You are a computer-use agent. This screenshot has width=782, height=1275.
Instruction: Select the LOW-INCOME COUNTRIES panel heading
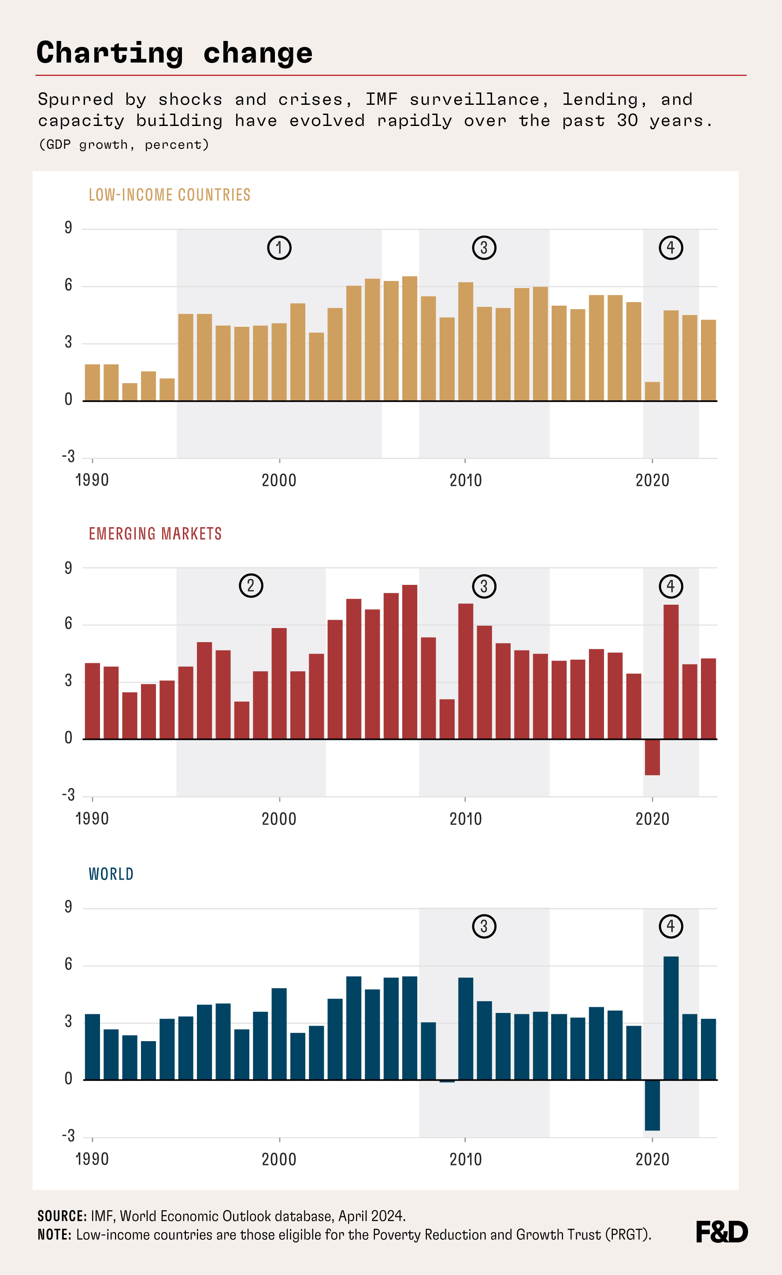pos(169,195)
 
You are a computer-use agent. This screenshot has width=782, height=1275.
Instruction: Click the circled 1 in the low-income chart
pos(279,248)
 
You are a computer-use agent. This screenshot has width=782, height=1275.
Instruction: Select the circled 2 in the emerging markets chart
pos(251,586)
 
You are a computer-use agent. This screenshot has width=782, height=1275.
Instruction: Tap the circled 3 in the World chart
pos(484,926)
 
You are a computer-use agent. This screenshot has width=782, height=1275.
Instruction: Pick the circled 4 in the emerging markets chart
pos(671,586)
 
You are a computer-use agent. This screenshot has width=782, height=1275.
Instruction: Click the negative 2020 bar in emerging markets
pos(652,757)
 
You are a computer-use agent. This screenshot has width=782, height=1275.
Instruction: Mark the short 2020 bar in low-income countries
pos(652,391)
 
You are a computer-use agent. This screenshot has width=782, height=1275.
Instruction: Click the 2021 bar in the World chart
pos(671,1018)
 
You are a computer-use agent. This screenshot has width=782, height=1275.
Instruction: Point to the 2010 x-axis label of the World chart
pos(465,1159)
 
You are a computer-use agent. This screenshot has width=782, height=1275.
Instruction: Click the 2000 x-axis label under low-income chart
pos(279,480)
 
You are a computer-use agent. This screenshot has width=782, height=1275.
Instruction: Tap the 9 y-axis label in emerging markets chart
pos(68,568)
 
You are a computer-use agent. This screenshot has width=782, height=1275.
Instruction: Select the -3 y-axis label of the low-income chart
pos(68,456)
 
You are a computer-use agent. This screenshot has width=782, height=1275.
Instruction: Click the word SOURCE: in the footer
pos(62,1216)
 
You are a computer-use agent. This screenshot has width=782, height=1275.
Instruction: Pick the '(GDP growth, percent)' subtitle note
pos(124,144)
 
